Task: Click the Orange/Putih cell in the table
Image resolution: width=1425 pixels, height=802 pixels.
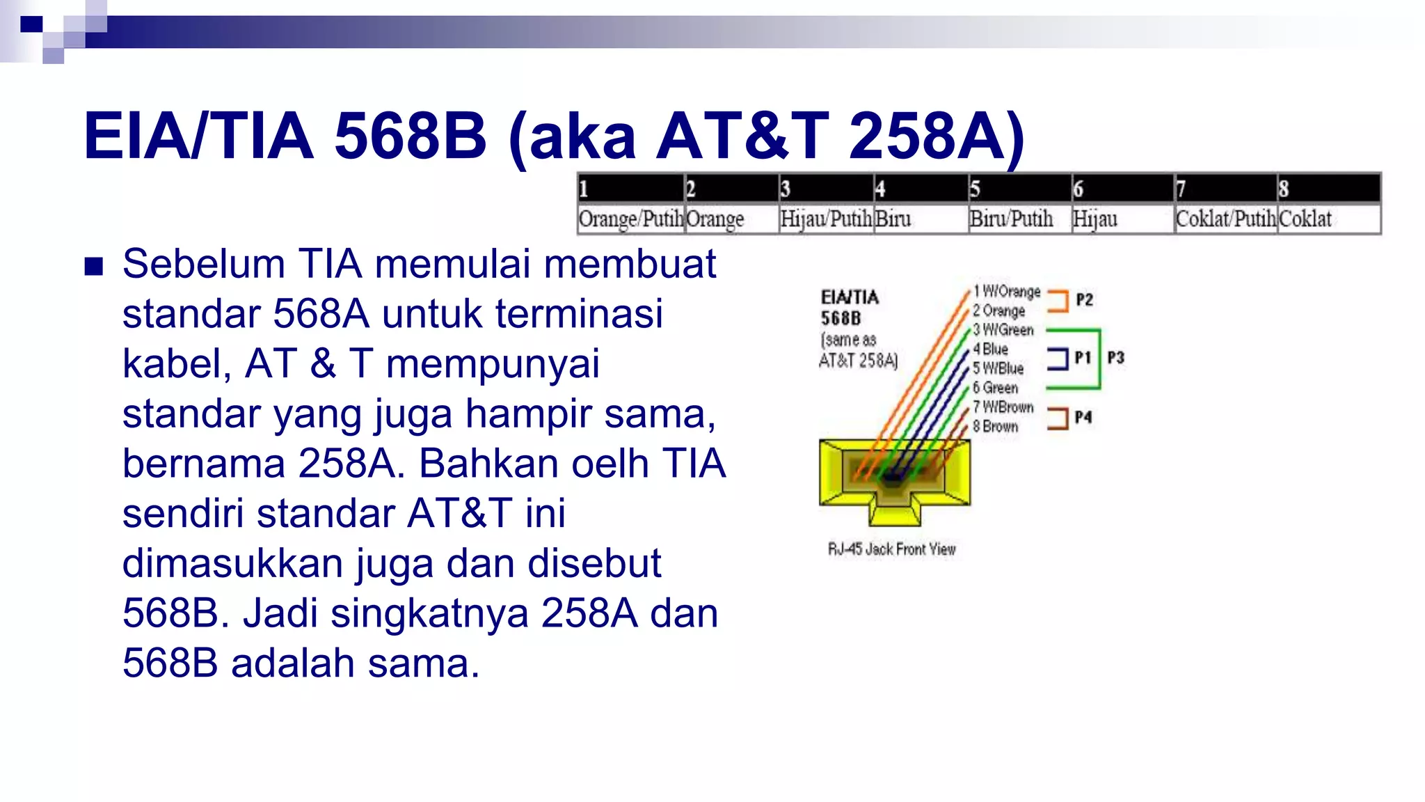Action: tap(630, 219)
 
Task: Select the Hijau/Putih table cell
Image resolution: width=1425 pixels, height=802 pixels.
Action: tap(826, 219)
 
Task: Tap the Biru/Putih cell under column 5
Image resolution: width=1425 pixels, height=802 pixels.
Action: tap(1011, 219)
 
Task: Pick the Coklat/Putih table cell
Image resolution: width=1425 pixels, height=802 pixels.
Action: tap(1225, 219)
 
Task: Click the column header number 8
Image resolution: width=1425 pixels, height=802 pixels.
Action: tap(1284, 189)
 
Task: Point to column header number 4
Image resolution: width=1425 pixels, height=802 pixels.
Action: tap(880, 189)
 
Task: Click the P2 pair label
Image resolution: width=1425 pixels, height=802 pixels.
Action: tap(1084, 300)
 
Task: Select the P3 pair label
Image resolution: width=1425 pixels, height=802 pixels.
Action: tap(1115, 358)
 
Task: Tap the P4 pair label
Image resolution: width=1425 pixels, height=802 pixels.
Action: tap(1083, 417)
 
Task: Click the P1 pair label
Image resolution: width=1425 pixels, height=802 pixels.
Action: tap(1082, 358)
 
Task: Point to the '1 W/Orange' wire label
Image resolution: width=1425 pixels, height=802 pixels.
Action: tap(1007, 292)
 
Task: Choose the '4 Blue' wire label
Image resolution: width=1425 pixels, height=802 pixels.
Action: tap(991, 349)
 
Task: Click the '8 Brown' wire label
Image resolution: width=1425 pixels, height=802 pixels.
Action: tap(995, 426)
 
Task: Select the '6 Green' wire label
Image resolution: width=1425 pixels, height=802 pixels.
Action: tap(995, 388)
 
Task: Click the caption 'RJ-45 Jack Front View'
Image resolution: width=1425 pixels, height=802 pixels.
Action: tap(891, 549)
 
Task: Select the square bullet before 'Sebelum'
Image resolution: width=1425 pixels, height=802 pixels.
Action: tap(93, 267)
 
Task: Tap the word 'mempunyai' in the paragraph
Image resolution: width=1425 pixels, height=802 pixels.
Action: tap(493, 364)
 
